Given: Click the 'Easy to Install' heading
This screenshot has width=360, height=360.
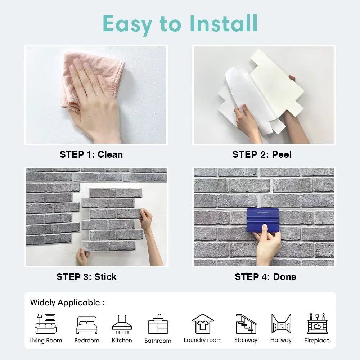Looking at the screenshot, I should point(180,24).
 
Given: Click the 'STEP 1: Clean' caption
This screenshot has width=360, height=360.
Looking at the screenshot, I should point(91,154).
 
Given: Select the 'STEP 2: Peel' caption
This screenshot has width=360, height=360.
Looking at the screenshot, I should point(262,154).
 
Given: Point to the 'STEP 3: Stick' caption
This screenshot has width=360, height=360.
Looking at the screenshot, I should point(86,277).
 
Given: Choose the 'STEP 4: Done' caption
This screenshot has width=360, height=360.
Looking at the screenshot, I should point(266,277).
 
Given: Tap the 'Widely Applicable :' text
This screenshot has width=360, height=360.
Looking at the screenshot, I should point(67,302).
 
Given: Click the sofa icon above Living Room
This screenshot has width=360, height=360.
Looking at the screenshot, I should point(46,324).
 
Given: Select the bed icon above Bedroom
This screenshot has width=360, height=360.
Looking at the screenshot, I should point(87,325).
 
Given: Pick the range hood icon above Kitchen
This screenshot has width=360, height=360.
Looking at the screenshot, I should point(122,324).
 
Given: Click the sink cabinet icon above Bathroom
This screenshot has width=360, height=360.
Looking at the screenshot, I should point(158,324).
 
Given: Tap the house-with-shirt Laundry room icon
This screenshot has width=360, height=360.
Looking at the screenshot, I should point(203,324).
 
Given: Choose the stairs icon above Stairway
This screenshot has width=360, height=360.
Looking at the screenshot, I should point(246,324).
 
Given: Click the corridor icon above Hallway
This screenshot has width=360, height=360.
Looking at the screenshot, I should point(281,324).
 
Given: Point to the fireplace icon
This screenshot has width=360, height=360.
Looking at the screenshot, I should point(317,324).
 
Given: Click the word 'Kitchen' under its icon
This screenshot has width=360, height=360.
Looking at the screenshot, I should point(122,340).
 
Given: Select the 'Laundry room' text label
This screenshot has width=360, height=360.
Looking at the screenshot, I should point(203,340).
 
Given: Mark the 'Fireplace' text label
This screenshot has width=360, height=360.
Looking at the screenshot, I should point(317,340).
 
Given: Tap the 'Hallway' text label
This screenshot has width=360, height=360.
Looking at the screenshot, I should point(281,340).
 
